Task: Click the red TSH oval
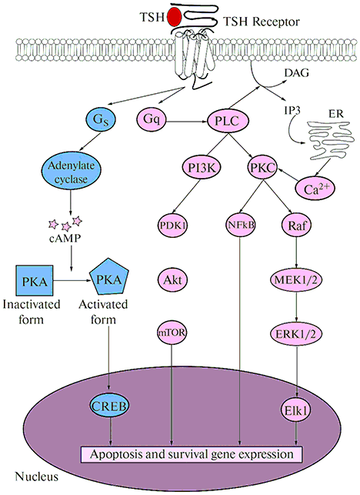pos(174,17)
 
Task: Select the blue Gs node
pos(101,119)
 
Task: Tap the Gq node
pos(152,119)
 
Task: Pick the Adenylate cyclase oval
pos(71,172)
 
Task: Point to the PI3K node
pos(202,168)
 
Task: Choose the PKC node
pos(262,168)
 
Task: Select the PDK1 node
pos(172,226)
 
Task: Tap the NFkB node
pos(241,226)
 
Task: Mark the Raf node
pos(296,226)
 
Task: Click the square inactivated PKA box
pos(34,280)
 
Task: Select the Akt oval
pos(172,279)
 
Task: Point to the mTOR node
pos(172,333)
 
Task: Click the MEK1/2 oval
pos(296,279)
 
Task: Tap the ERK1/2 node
pos(296,333)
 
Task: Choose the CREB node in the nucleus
pos(110,406)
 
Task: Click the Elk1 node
pos(296,410)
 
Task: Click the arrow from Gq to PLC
pos(187,121)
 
